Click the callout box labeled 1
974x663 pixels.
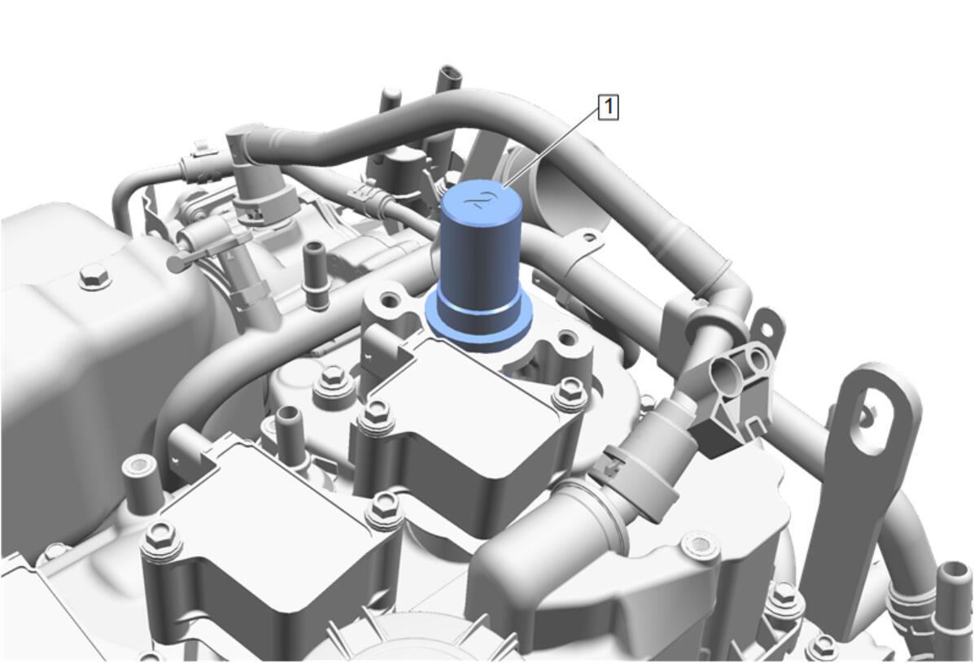[x=608, y=107]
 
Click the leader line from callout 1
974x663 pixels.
[x=552, y=150]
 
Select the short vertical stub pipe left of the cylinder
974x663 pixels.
[x=317, y=276]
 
